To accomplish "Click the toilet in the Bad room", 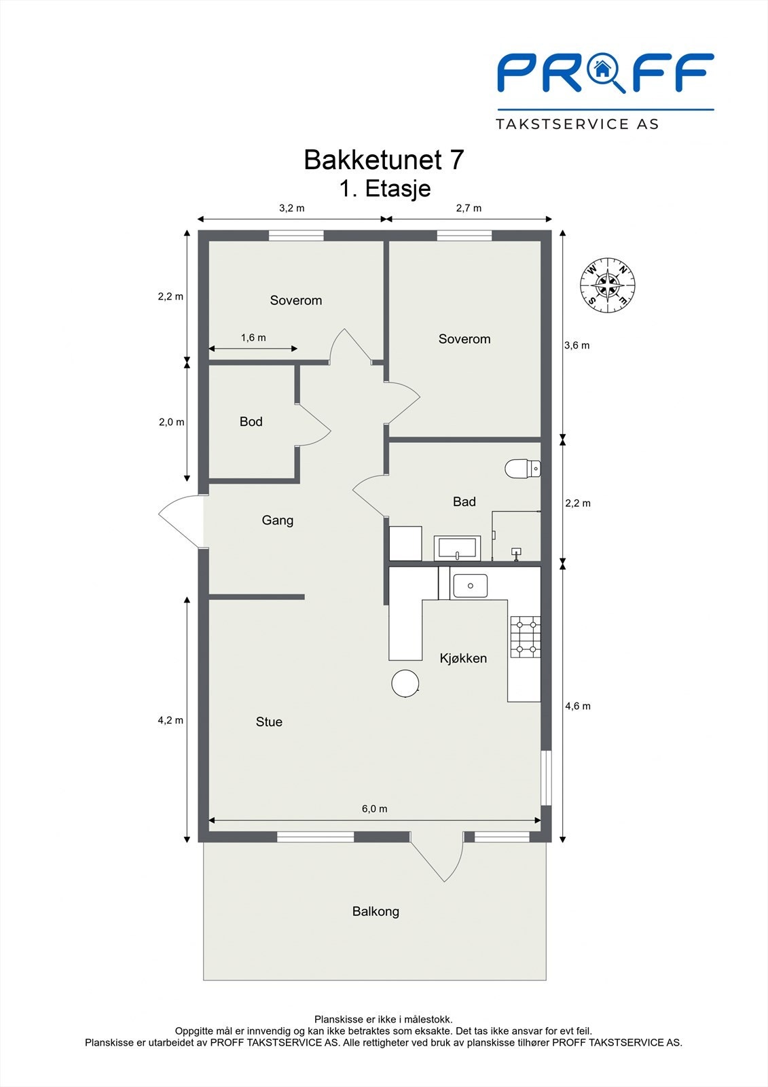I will pyautogui.click(x=522, y=468).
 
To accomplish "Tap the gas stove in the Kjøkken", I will pyautogui.click(x=526, y=637).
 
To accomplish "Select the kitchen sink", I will pyautogui.click(x=470, y=586).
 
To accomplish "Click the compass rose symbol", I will pyautogui.click(x=608, y=286).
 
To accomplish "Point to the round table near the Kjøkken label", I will pyautogui.click(x=405, y=683).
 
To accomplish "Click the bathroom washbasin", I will pyautogui.click(x=458, y=548).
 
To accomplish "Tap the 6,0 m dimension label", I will pyautogui.click(x=374, y=808).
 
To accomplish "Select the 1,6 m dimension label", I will pyautogui.click(x=253, y=338).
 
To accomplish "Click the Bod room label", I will pyautogui.click(x=251, y=422).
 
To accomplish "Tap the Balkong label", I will pyautogui.click(x=376, y=912).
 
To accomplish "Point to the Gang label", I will pyautogui.click(x=278, y=520).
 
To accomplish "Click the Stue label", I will pyautogui.click(x=269, y=722).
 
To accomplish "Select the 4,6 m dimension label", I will pyautogui.click(x=578, y=706).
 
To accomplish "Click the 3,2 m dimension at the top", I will pyautogui.click(x=291, y=208).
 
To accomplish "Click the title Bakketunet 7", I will pyautogui.click(x=384, y=160).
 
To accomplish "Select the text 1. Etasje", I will pyautogui.click(x=385, y=188).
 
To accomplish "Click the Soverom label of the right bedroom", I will pyautogui.click(x=464, y=339).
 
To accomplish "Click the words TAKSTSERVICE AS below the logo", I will pyautogui.click(x=577, y=124).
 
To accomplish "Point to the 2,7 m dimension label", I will pyautogui.click(x=469, y=208).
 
